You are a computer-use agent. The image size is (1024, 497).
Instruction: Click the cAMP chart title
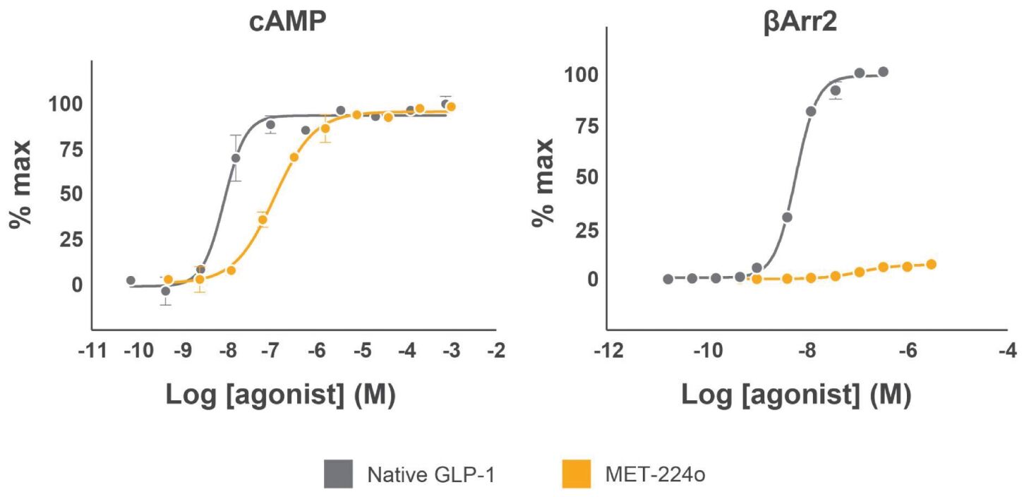[x=288, y=23]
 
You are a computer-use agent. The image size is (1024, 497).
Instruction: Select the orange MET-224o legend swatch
[x=576, y=474]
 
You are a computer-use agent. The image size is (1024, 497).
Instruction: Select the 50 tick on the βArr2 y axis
[x=585, y=177]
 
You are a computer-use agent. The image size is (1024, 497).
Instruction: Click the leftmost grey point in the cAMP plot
[x=131, y=280]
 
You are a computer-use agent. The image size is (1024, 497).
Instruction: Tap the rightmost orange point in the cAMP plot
[x=451, y=107]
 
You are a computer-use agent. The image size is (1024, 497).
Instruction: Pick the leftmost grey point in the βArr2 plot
[x=668, y=279]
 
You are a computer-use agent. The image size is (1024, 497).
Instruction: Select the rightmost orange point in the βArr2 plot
[x=931, y=264]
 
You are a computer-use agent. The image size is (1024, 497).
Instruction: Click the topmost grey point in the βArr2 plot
[x=883, y=72]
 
